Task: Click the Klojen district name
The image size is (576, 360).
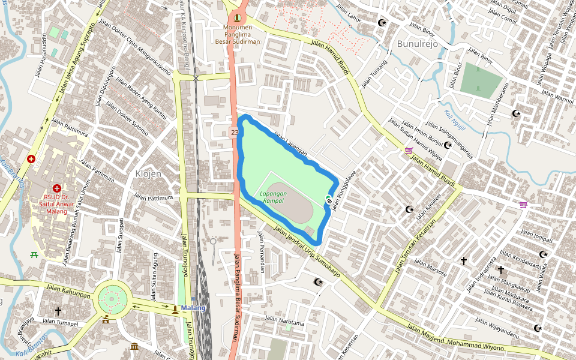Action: point(148,174)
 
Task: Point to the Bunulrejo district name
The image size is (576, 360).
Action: point(418,44)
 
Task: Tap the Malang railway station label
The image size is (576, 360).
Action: point(193,308)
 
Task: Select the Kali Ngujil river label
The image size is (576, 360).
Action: point(455,115)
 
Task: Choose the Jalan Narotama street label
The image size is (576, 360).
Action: point(284,322)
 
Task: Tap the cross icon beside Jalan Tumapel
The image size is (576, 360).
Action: point(58,311)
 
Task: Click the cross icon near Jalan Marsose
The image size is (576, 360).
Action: point(463,260)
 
